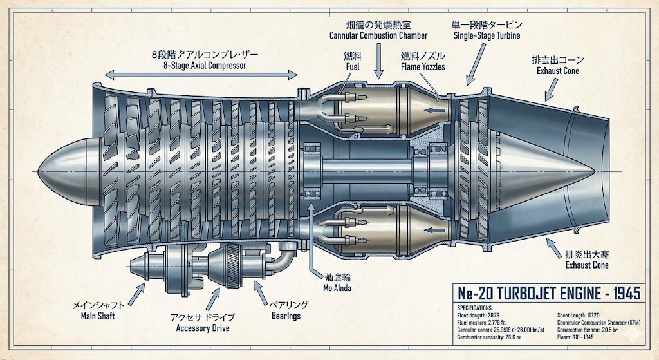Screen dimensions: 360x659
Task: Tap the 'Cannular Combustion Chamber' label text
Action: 378,35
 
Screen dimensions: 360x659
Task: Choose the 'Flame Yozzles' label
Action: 423,66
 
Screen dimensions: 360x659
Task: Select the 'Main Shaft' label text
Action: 98,316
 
